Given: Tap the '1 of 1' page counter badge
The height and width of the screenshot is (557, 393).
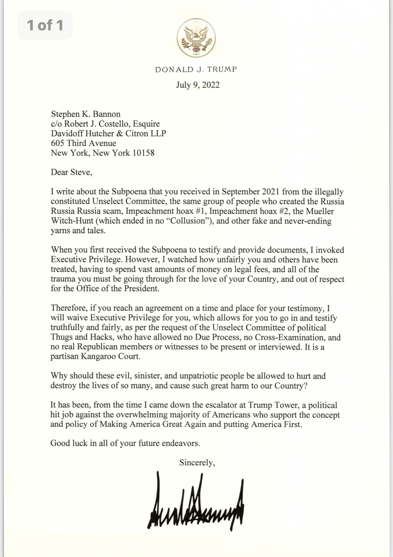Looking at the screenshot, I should (x=45, y=25).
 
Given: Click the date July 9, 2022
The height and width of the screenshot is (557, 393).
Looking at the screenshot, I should (x=198, y=85).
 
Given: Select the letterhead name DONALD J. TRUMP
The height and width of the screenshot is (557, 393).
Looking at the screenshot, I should (x=196, y=69).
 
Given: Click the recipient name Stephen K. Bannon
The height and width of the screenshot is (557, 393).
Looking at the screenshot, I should (x=86, y=114).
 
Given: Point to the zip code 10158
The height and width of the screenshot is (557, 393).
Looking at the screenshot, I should (x=143, y=153).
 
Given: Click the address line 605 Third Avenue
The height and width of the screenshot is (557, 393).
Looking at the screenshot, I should (x=84, y=143).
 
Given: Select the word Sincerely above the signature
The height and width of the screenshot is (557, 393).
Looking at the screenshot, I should (x=197, y=462).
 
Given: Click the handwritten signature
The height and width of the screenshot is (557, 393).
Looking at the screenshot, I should (x=196, y=502).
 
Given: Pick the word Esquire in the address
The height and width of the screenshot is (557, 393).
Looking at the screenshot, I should (x=145, y=124).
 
